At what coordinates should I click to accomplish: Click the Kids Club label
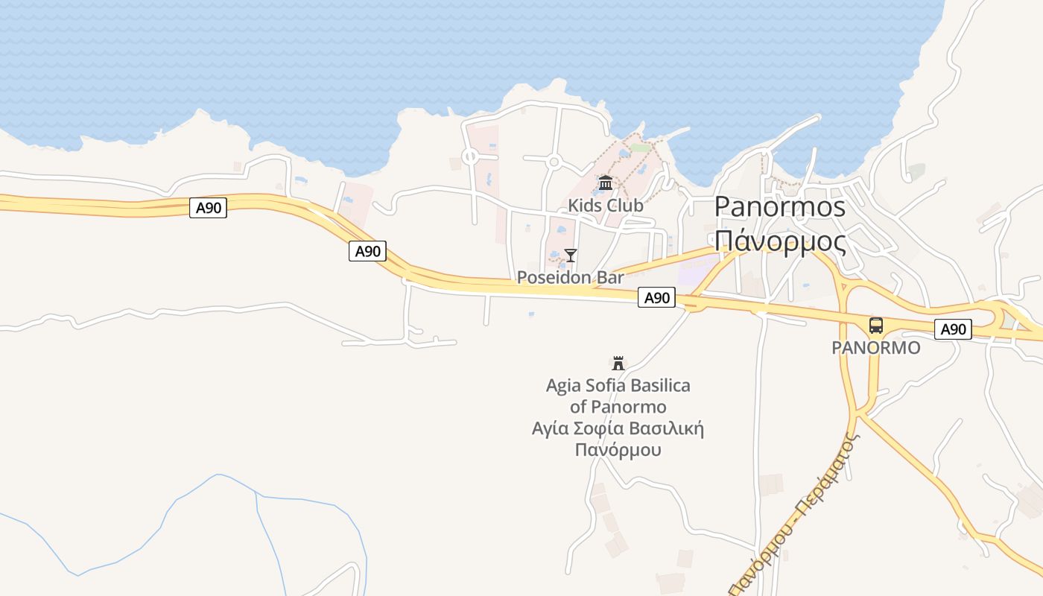coord(605,205)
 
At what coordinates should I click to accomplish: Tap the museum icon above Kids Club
coord(605,183)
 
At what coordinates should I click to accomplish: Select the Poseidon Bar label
coord(570,278)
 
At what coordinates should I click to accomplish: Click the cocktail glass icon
coord(571,256)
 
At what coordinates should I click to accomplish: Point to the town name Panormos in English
coord(779,207)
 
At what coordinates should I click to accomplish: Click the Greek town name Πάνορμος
coord(779,241)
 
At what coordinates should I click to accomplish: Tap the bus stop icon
coord(876,326)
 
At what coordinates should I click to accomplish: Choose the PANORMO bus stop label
coord(876,348)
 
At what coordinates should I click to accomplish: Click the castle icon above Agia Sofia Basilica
coord(618,364)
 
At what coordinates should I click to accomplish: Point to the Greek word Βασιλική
coord(667,429)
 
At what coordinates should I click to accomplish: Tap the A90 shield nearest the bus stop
coord(953,329)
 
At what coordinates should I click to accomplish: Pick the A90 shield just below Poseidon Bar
coord(656,298)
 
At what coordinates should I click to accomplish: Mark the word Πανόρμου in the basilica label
coord(618,450)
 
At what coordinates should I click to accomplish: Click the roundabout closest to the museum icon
coord(553,162)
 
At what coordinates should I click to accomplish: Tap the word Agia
coord(562,386)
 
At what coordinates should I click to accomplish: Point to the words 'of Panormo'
coord(618,408)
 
